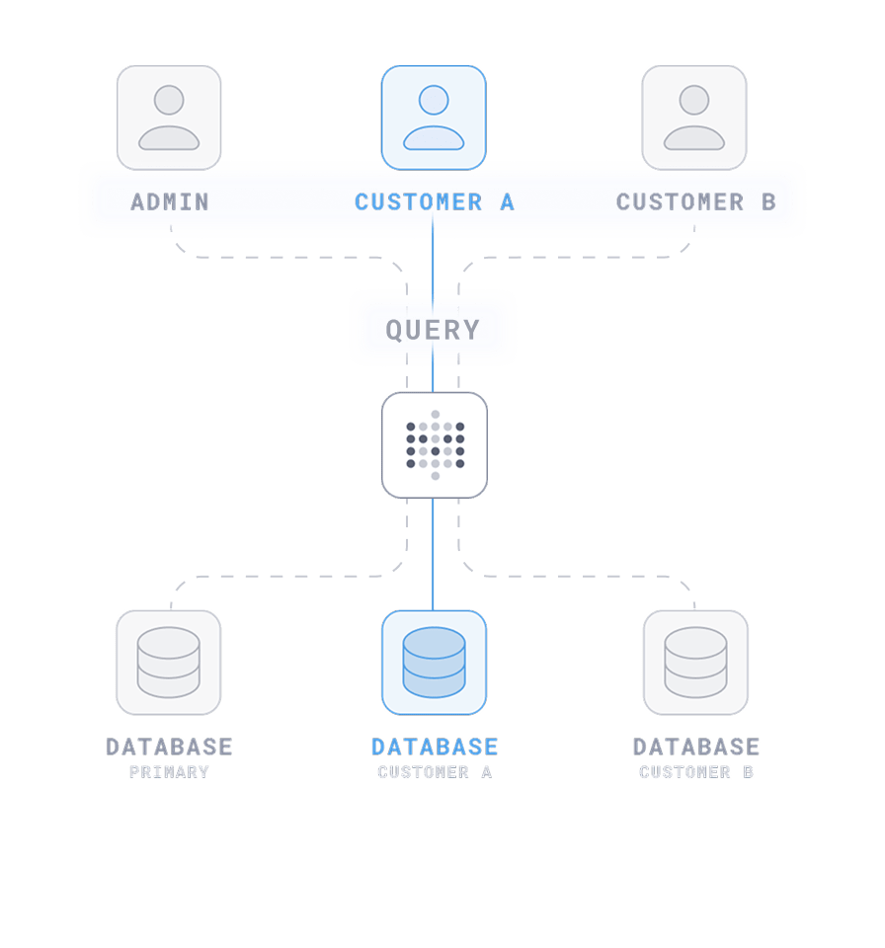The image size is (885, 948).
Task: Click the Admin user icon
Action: tap(169, 118)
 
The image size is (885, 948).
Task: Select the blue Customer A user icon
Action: tap(434, 118)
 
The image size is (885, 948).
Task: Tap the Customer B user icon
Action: tap(694, 118)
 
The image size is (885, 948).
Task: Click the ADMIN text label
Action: tap(170, 202)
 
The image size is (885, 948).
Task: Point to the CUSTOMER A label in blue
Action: tap(434, 202)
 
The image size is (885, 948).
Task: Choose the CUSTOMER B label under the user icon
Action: tap(695, 202)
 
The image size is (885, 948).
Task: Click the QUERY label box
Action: tap(433, 330)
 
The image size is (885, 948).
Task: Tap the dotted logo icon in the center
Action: tap(435, 444)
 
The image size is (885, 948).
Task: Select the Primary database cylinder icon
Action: tap(169, 662)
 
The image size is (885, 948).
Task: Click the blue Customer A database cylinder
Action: tap(434, 662)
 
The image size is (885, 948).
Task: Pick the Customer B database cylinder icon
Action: tap(695, 662)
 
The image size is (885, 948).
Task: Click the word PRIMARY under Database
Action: tap(169, 772)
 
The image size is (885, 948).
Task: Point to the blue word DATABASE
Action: tap(435, 747)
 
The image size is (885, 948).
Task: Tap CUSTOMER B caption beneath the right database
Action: tap(696, 772)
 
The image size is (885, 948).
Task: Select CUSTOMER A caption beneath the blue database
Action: tap(435, 772)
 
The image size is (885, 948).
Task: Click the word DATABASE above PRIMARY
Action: tap(169, 747)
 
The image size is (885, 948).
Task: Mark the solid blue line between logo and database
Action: tap(434, 553)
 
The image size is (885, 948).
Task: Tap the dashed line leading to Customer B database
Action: tap(583, 576)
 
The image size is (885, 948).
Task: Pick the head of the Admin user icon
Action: tap(169, 100)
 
